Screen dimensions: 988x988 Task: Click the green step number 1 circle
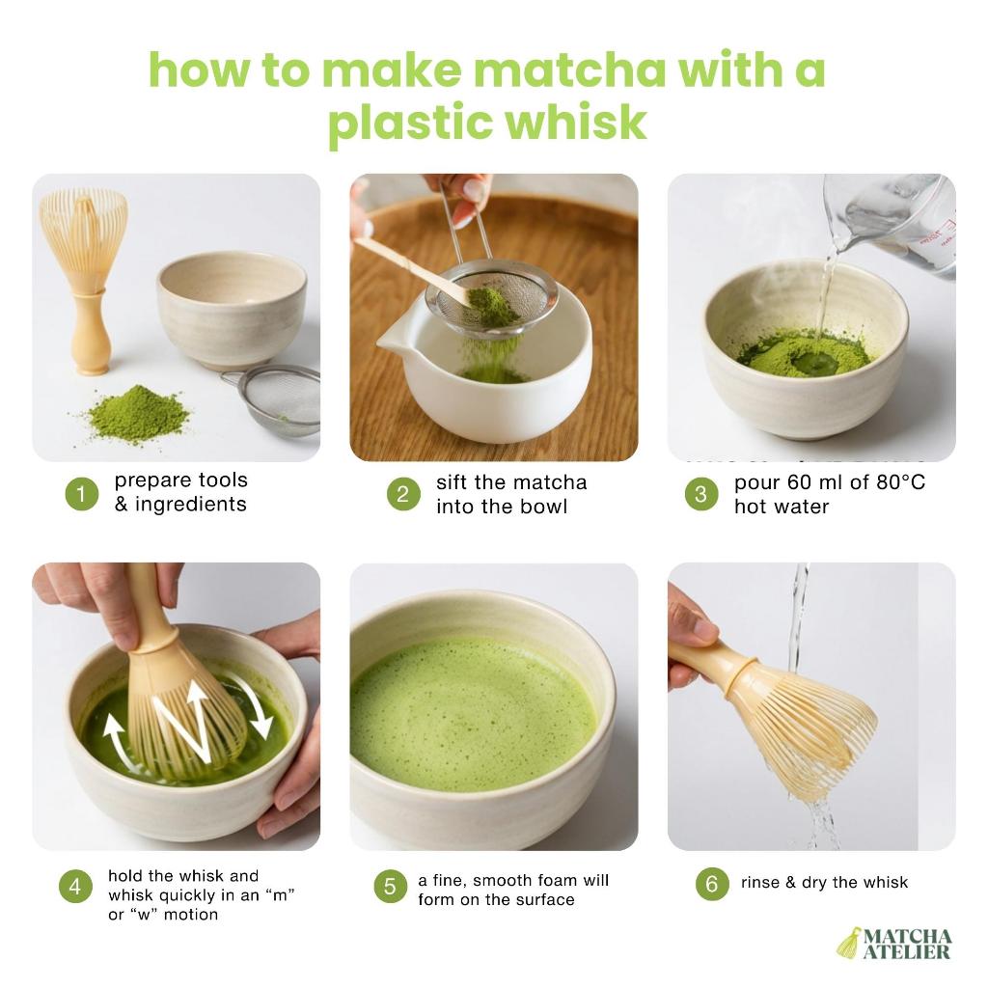point(82,493)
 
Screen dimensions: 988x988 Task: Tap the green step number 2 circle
point(403,494)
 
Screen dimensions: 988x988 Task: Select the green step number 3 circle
point(701,494)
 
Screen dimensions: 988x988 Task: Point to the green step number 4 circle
point(75,886)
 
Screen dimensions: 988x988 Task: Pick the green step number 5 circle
point(390,886)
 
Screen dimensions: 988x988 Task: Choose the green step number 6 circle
point(712,884)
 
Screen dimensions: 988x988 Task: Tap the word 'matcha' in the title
point(569,69)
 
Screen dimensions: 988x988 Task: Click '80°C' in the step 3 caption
point(900,482)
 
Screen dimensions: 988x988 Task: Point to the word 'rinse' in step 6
point(760,882)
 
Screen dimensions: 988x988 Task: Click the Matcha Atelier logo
point(894,943)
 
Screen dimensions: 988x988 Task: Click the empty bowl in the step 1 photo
point(232,310)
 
